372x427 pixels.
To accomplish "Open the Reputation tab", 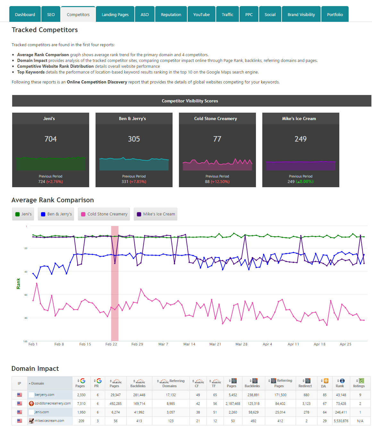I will [x=171, y=14].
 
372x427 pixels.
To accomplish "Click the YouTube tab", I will [x=201, y=14].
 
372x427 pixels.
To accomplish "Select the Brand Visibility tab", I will [x=301, y=14].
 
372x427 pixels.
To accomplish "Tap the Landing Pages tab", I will [x=115, y=14].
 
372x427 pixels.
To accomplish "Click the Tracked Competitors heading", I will [x=45, y=30].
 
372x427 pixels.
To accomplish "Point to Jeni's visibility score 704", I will [x=51, y=139].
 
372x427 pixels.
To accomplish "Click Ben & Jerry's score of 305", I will [x=134, y=139].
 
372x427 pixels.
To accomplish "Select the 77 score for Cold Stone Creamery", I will [x=217, y=139].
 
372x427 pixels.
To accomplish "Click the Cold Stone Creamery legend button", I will [x=104, y=214].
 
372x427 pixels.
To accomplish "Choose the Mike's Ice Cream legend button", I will [x=156, y=214].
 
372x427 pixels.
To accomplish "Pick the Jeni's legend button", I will [x=23, y=214].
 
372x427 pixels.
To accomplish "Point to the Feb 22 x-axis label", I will [x=111, y=344].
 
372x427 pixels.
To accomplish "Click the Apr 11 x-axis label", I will [x=293, y=344].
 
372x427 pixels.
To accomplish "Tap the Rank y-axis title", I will [x=18, y=283].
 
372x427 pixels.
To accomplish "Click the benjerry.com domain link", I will [x=45, y=395].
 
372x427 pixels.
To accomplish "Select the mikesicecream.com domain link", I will [x=49, y=421].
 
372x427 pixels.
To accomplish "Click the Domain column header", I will [x=38, y=383].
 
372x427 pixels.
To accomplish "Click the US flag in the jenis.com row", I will [x=20, y=412].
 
